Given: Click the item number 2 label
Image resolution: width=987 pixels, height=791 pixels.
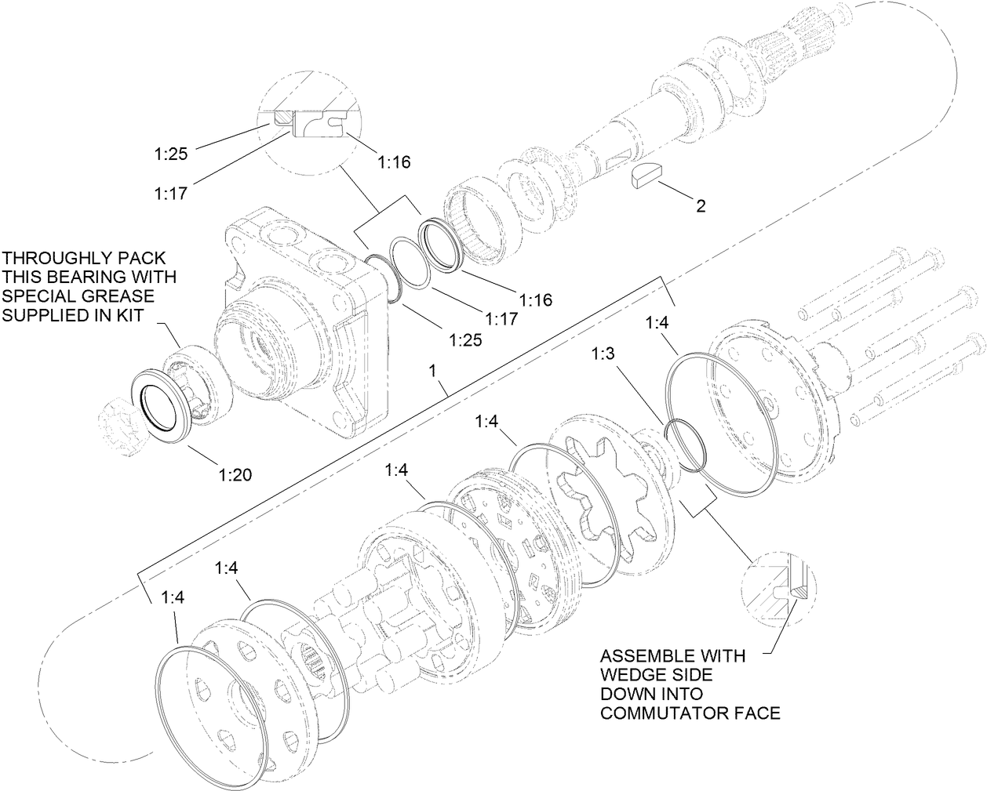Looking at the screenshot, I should pos(701,206).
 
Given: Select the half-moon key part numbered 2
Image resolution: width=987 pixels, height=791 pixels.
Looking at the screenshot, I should pos(647,176).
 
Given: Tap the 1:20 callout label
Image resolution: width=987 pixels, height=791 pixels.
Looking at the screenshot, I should pos(235,474).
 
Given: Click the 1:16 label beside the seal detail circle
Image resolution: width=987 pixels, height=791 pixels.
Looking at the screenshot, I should pos(394,162).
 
